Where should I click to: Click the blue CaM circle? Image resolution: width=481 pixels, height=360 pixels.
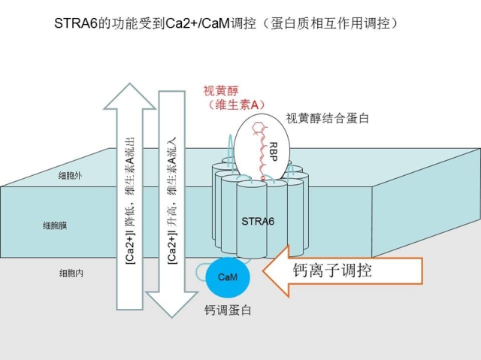(228, 277)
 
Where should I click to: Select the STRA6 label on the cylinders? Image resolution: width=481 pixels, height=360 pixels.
(259, 221)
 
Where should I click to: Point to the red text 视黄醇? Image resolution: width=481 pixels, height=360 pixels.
(222, 91)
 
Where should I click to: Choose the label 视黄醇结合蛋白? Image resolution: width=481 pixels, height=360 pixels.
(328, 118)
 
